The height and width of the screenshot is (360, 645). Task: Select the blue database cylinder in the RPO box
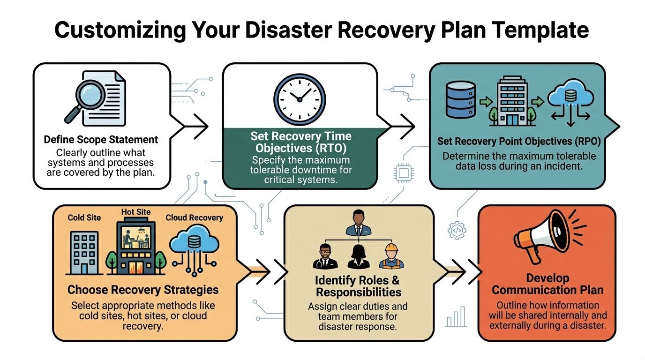pyautogui.click(x=460, y=99)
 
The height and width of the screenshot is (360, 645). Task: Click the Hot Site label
pyautogui.click(x=136, y=212)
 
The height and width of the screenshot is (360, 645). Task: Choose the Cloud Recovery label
pyautogui.click(x=194, y=217)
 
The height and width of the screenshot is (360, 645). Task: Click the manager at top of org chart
pyautogui.click(x=358, y=224)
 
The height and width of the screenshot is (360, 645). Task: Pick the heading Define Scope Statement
pyautogui.click(x=101, y=140)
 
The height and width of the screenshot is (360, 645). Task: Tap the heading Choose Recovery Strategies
pyautogui.click(x=143, y=290)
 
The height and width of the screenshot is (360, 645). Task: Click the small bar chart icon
pyautogui.click(x=456, y=317)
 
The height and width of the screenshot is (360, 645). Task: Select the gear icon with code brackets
pyautogui.click(x=457, y=230)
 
